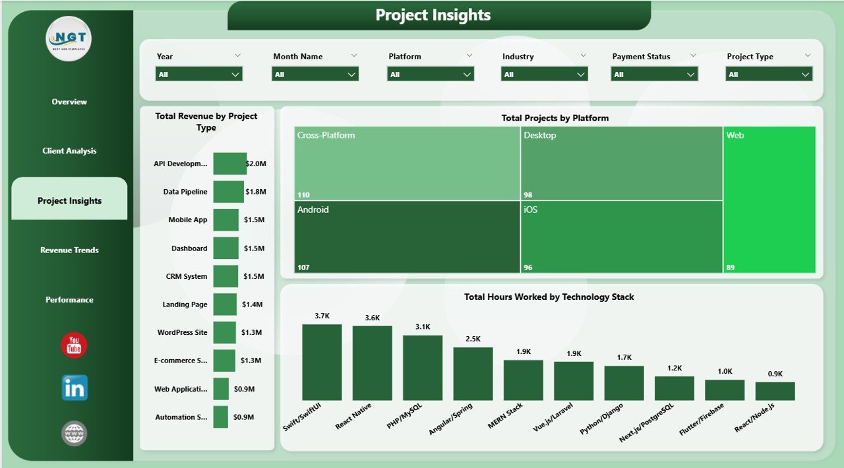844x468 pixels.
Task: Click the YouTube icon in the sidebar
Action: [74, 345]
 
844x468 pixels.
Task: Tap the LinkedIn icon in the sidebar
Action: [75, 388]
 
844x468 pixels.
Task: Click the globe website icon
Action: [74, 434]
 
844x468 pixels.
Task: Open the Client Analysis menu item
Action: [69, 151]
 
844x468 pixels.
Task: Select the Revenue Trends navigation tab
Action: [69, 250]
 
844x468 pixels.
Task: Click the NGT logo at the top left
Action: [69, 39]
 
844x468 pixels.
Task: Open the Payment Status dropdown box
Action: [654, 74]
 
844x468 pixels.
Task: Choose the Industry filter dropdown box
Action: [544, 74]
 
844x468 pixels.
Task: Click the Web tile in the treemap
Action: [769, 200]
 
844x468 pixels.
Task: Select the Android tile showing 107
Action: [407, 237]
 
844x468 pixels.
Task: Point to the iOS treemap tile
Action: [621, 237]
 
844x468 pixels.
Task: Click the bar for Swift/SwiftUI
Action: [322, 363]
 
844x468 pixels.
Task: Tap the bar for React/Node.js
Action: [775, 391]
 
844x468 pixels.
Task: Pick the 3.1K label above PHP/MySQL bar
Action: [423, 327]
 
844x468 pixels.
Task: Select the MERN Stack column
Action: [523, 380]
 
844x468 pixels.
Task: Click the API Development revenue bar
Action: [229, 163]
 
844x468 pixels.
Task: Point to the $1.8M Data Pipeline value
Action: [255, 192]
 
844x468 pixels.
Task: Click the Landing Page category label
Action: [185, 305]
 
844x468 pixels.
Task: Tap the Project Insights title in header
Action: [433, 15]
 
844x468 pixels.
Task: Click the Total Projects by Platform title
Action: [555, 118]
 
